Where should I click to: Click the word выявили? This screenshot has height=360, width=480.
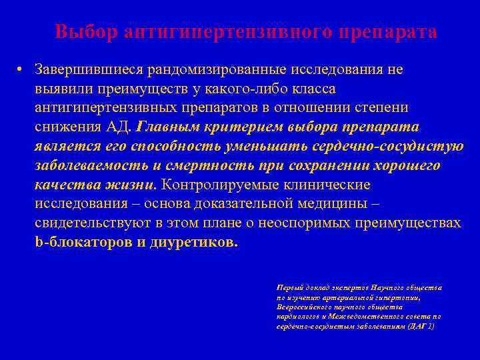click(x=62, y=89)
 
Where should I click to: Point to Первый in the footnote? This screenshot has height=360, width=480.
click(x=289, y=287)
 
